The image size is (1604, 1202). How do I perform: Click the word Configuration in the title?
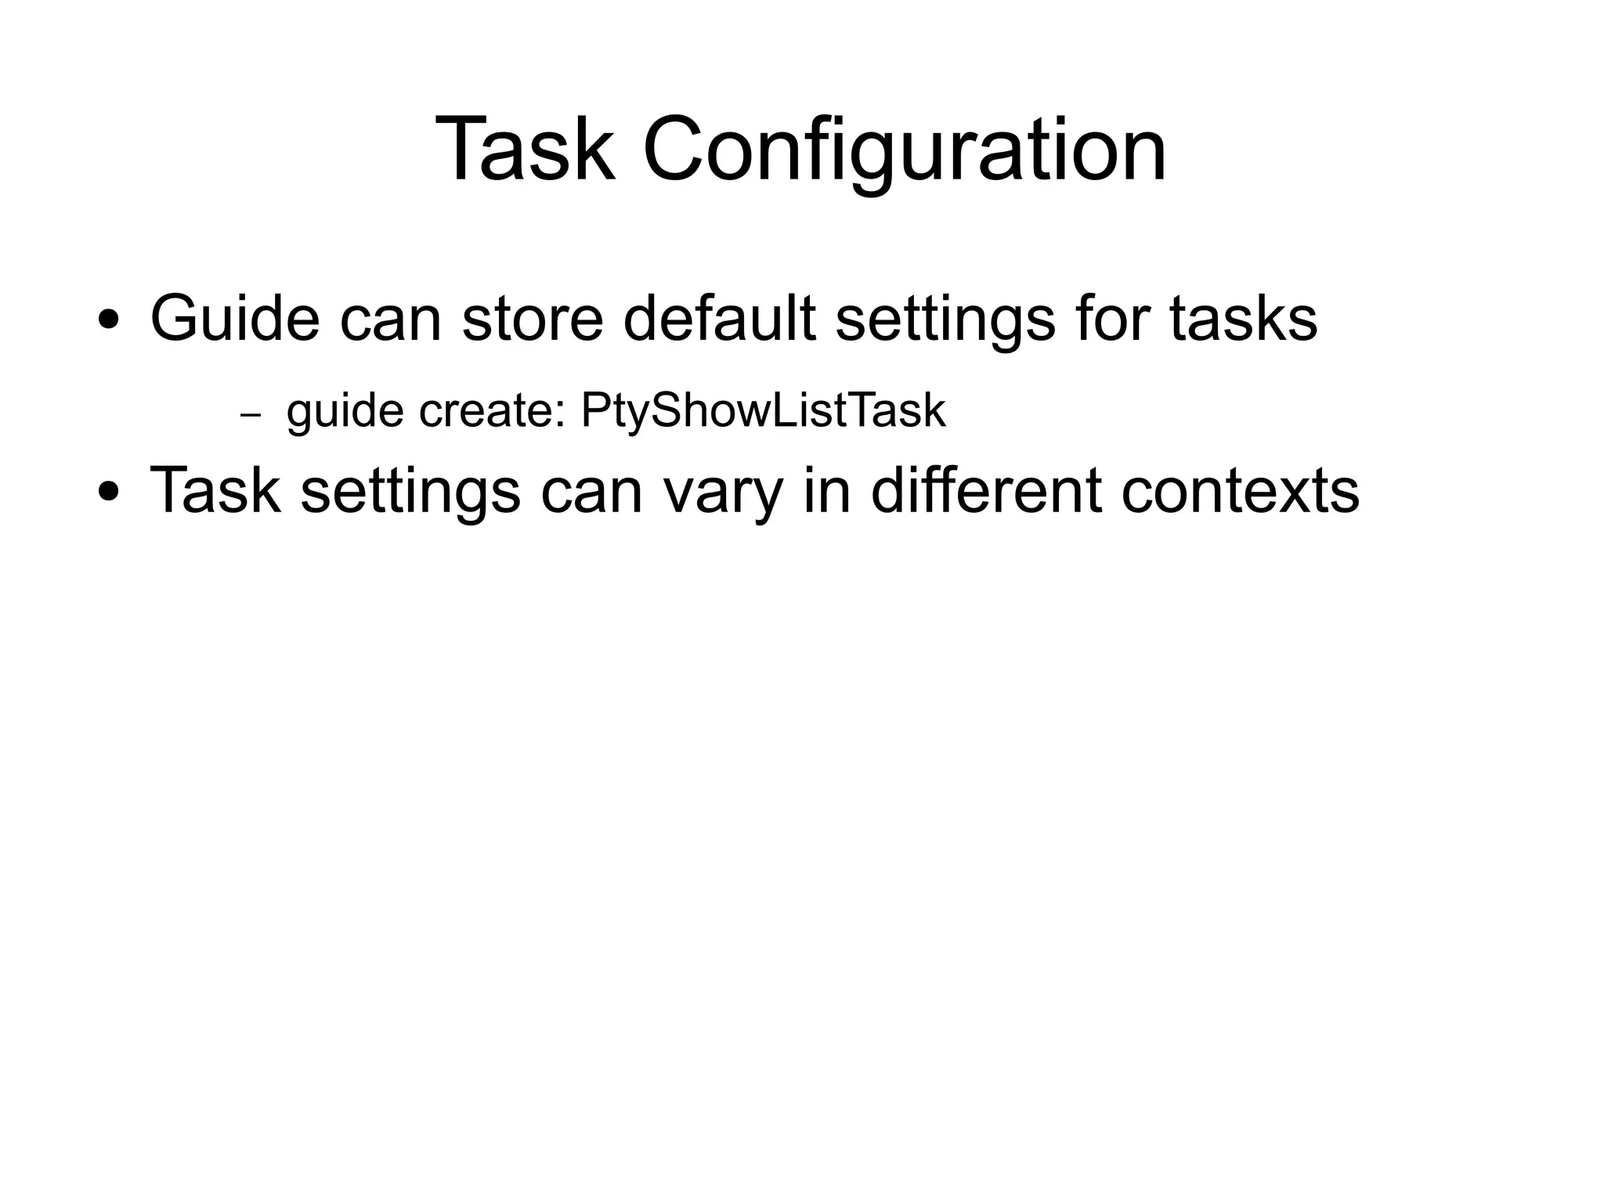click(905, 150)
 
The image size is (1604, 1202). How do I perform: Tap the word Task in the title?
click(524, 150)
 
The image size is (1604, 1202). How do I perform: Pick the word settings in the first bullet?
click(945, 319)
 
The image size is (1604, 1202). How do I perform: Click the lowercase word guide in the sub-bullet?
click(345, 410)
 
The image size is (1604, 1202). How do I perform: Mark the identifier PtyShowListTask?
click(763, 410)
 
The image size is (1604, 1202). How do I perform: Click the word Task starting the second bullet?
click(215, 491)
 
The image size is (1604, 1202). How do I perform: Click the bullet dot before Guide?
click(109, 320)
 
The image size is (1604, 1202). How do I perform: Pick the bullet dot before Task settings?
click(109, 493)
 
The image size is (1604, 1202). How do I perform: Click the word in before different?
click(826, 491)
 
